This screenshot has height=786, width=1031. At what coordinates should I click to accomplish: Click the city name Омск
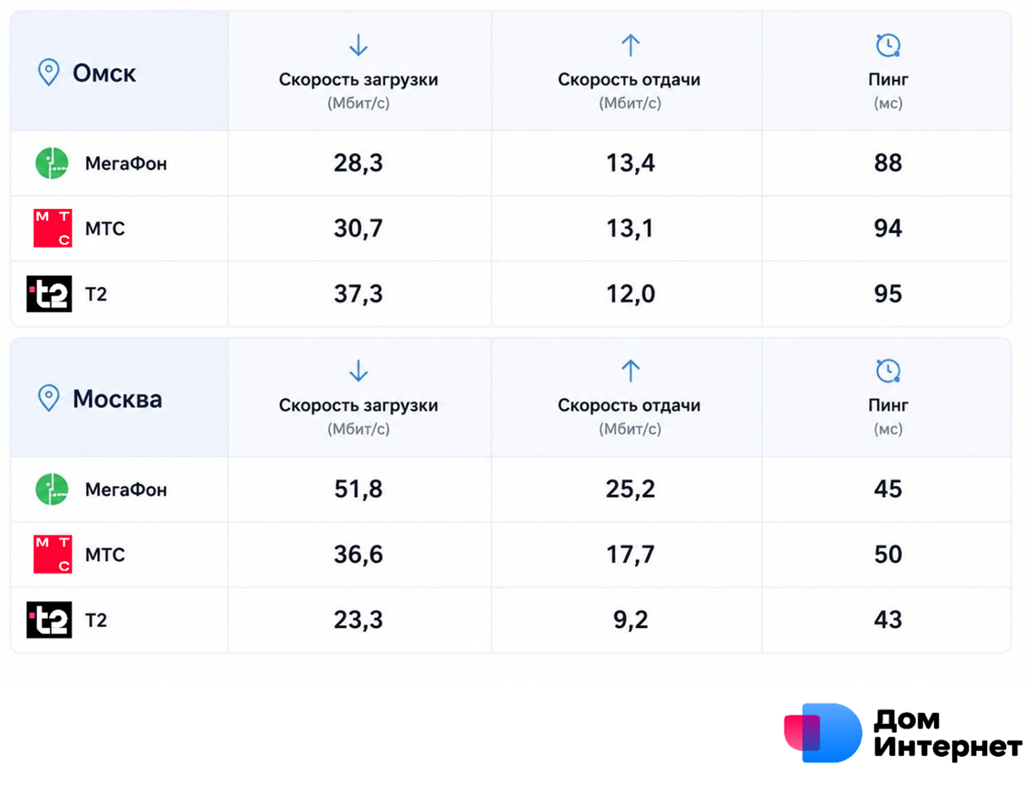coord(104,73)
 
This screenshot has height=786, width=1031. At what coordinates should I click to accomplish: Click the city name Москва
coord(118,399)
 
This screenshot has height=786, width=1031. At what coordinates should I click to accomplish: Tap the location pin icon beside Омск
coord(48,72)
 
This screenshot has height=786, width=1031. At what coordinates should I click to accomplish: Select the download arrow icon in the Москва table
coord(358,370)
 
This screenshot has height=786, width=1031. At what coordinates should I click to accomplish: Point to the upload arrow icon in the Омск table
coord(631,45)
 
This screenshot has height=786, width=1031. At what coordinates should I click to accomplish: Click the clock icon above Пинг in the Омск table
coord(888,45)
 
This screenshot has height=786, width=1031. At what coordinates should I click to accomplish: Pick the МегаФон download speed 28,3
coord(358,163)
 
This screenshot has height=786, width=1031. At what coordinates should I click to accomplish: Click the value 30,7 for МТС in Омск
coord(358,228)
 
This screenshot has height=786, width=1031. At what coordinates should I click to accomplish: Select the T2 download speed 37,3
coord(358,294)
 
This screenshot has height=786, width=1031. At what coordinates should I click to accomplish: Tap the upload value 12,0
coord(631,294)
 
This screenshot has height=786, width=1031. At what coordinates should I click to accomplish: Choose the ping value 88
coord(888,163)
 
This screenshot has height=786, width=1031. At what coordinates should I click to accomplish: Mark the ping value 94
coord(888,228)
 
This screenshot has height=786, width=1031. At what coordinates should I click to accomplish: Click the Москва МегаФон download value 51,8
coord(358,490)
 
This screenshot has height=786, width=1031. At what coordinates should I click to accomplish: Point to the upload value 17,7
coord(631,555)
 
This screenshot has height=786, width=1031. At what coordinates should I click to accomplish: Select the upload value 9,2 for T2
coord(631,620)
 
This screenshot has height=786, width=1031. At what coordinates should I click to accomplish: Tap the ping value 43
coord(888,619)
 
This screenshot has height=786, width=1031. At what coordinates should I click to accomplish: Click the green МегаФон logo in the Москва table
coord(52,490)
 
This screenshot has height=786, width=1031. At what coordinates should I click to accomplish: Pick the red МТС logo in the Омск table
coord(52,228)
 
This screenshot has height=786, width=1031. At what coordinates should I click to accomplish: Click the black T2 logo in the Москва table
coord(49,620)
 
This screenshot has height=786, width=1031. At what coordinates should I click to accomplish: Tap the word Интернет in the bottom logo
coord(948,746)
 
